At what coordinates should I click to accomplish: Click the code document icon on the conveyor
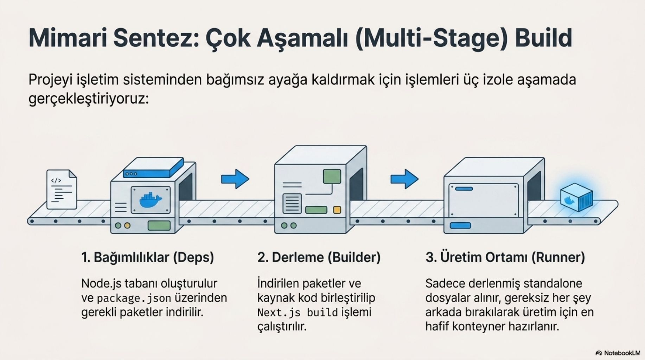[62, 189]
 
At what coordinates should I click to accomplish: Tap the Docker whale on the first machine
[151, 200]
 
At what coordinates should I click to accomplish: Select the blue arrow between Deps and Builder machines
[235, 179]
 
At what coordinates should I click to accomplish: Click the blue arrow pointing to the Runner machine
[404, 179]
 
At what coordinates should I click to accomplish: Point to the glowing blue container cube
[576, 197]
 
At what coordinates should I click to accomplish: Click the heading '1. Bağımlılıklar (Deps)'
[148, 257]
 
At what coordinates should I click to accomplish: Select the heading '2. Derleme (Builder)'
[319, 257]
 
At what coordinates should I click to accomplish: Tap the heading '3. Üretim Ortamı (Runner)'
[505, 257]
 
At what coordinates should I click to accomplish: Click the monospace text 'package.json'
[134, 298]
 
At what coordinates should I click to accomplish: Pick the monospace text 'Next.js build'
[298, 313]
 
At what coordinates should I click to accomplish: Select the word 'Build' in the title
[543, 38]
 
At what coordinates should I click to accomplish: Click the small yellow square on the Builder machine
[337, 210]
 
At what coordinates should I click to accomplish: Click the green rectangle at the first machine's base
[159, 225]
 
